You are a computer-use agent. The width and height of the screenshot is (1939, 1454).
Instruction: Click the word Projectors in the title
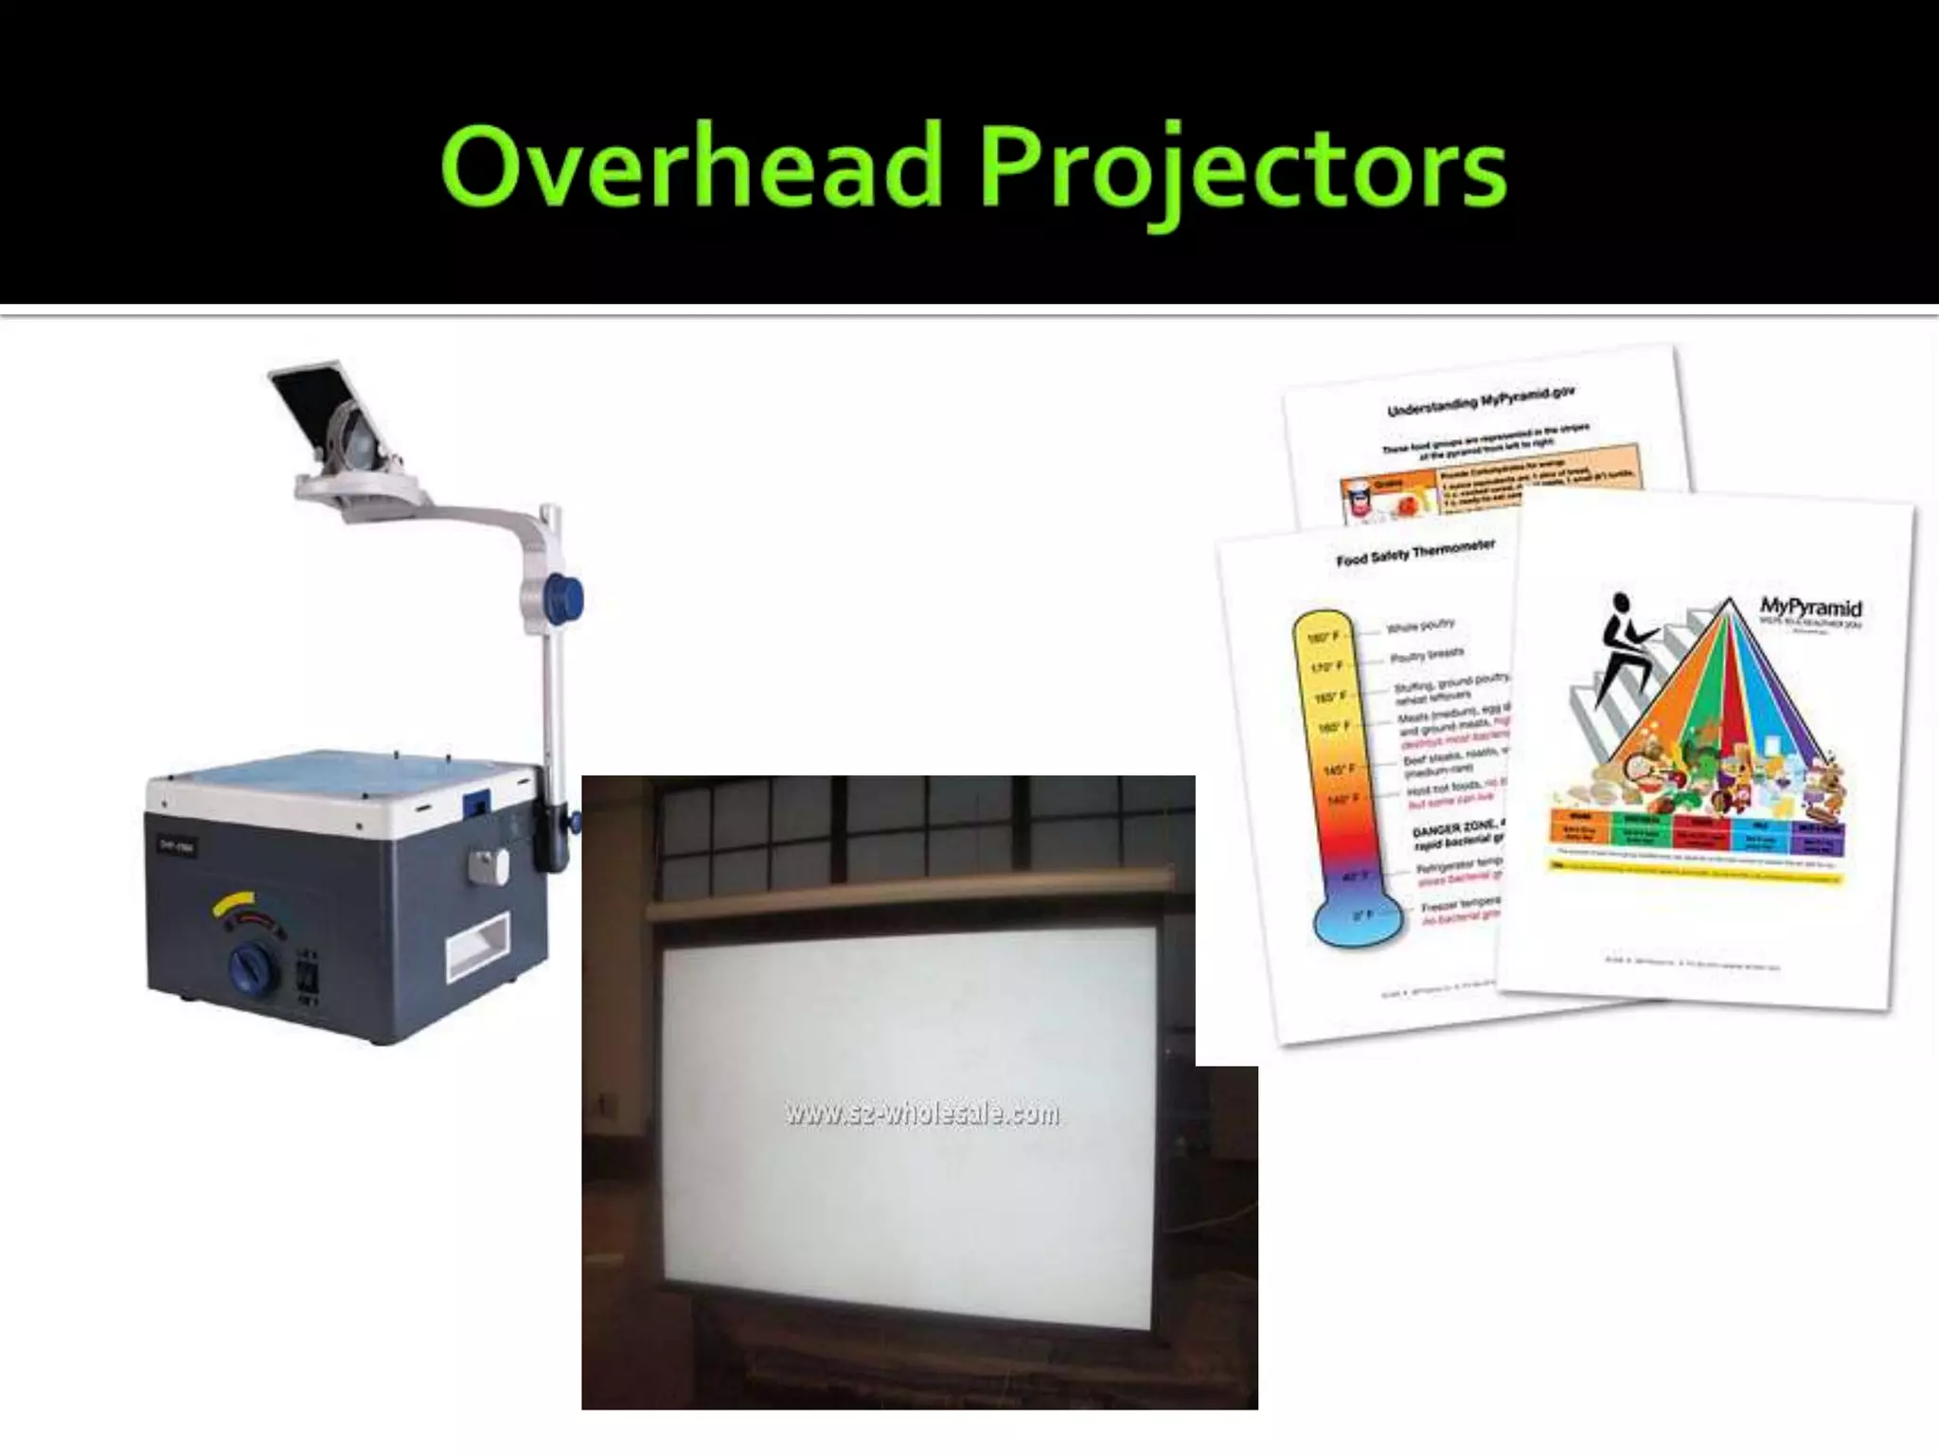tap(1240, 170)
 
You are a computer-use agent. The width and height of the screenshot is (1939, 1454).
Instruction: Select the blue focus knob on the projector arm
tap(567, 598)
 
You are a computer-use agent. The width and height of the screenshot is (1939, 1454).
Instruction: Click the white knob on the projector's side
tap(488, 863)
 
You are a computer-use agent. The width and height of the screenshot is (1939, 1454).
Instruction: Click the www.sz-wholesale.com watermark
tap(921, 1114)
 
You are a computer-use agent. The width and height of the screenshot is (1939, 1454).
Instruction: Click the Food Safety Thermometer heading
tap(1414, 553)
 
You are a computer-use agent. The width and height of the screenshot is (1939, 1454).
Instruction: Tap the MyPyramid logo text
tap(1809, 607)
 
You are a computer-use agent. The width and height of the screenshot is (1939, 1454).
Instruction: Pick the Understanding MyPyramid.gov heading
tap(1480, 402)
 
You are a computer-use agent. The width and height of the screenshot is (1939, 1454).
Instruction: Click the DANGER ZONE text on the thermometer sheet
tap(1453, 828)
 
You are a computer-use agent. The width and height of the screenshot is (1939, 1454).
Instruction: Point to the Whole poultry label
tap(1420, 627)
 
